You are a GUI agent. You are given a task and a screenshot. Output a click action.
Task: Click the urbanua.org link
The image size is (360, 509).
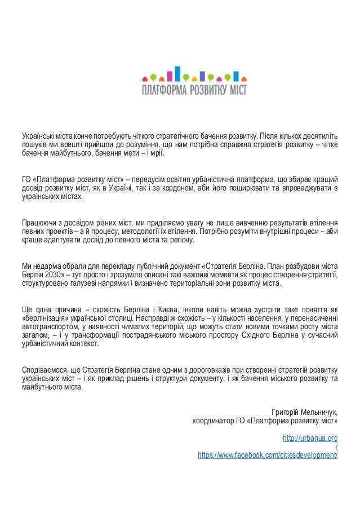[x=309, y=437]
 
